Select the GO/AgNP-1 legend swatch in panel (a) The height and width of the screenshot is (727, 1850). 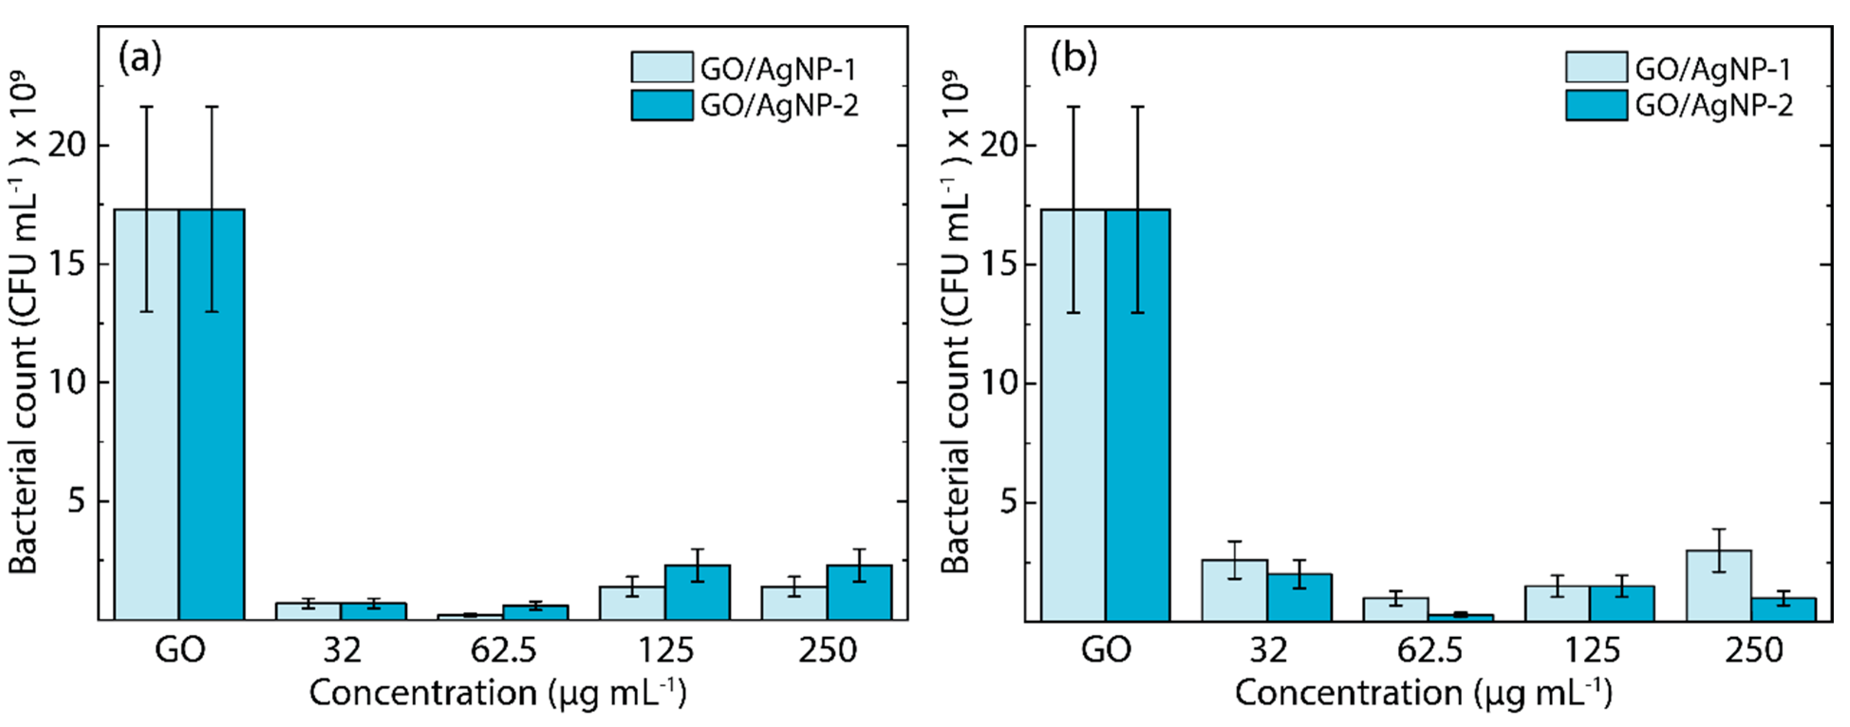pos(662,67)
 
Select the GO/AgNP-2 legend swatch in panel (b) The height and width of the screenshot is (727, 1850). pos(1596,105)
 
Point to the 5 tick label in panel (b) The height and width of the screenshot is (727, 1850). pos(1009,502)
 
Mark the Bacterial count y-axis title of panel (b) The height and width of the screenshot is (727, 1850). pos(955,323)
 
